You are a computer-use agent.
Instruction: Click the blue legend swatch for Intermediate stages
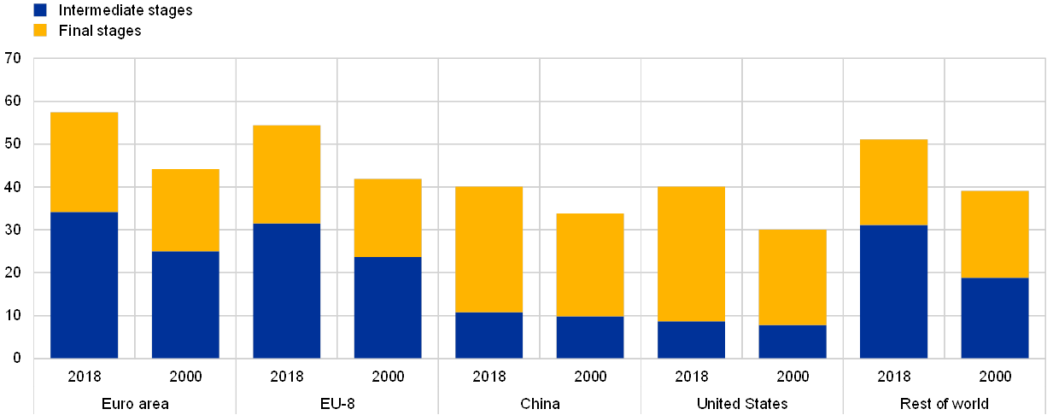tap(40, 10)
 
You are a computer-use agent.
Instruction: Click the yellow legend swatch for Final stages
tap(40, 31)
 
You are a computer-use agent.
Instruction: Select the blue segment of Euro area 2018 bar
tap(85, 284)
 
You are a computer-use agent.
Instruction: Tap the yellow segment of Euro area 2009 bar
tap(185, 210)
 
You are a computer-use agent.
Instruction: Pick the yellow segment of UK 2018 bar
tap(287, 174)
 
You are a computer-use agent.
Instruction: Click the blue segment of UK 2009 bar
tap(388, 307)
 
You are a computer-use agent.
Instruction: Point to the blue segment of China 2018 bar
tap(489, 335)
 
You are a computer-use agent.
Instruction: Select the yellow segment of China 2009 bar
tap(590, 265)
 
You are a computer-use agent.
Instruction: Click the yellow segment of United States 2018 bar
tap(691, 254)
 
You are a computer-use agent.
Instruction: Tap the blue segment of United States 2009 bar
tap(793, 341)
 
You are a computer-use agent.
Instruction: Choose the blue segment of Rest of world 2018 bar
tap(893, 291)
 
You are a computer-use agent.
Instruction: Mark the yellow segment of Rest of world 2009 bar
tap(995, 234)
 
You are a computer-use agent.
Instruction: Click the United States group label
tap(742, 403)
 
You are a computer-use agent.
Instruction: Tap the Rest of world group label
tap(945, 403)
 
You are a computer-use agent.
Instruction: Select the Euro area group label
tap(135, 403)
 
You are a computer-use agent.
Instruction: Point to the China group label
tap(540, 403)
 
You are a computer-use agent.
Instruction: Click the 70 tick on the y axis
tap(14, 59)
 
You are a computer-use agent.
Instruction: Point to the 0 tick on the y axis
tap(17, 359)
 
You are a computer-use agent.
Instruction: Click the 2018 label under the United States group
tap(691, 376)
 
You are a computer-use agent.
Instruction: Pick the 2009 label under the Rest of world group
tap(995, 376)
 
